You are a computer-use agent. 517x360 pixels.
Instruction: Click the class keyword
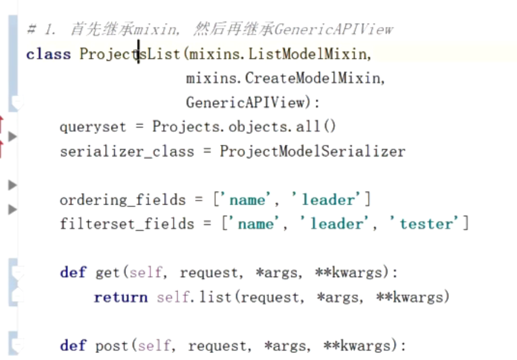(48, 54)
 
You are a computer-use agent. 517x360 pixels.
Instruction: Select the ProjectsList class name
(131, 54)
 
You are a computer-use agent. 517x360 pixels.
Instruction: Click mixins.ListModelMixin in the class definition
(279, 54)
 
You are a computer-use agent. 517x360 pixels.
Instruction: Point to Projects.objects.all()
(244, 127)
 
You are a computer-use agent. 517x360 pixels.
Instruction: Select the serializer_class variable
(126, 151)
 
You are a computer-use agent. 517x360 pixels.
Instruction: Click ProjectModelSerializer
(312, 151)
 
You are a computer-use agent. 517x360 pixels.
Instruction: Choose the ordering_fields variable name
(122, 200)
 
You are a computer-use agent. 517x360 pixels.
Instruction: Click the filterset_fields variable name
(126, 224)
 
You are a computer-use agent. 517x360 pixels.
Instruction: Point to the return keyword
(121, 297)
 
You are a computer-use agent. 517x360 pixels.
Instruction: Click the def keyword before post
(73, 346)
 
